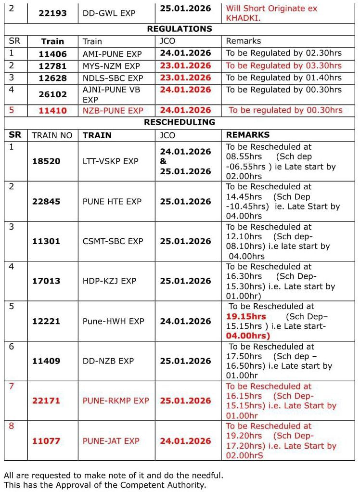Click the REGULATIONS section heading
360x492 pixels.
click(180, 29)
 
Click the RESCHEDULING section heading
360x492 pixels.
click(180, 122)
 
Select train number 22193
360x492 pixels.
click(53, 13)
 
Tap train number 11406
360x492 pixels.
click(53, 54)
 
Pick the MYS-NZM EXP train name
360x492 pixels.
click(111, 66)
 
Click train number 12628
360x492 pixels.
click(53, 78)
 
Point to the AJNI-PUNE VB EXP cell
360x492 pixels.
click(111, 94)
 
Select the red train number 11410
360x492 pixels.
click(53, 110)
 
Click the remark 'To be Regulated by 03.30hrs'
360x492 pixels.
click(284, 65)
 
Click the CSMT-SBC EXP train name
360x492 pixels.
click(113, 241)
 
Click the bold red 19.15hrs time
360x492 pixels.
click(246, 316)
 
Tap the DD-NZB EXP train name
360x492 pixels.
click(108, 361)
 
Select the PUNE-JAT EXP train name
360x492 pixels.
click(111, 441)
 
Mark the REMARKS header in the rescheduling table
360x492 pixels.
click(248, 135)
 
